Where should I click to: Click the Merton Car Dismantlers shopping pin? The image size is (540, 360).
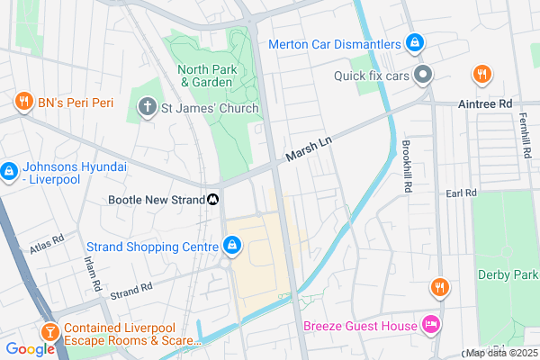413,42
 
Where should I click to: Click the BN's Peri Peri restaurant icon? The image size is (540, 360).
23,103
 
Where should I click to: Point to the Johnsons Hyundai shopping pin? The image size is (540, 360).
9,170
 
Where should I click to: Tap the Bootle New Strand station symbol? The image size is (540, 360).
213,200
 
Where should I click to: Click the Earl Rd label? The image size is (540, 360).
459,193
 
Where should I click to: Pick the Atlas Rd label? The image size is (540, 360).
46,240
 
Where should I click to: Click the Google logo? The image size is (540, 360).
30,349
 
